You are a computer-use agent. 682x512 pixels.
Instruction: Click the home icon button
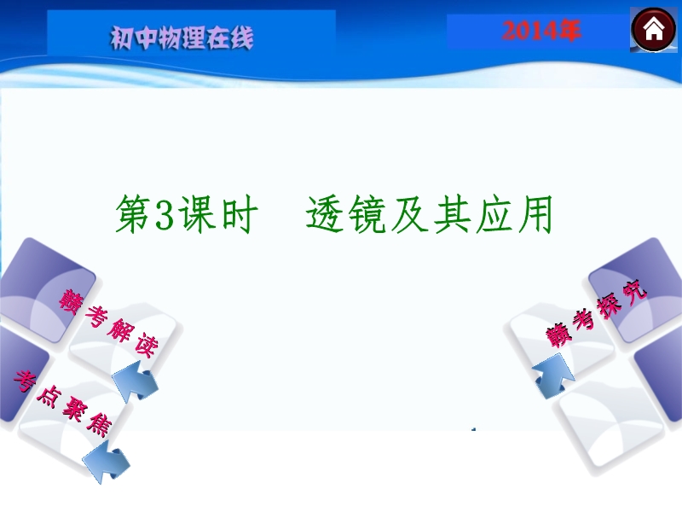[654, 30]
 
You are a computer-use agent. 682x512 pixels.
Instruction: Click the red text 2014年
[541, 32]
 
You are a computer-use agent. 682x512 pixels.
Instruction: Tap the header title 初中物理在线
[182, 38]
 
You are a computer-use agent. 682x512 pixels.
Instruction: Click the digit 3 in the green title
[165, 214]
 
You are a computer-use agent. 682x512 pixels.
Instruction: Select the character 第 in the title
[135, 214]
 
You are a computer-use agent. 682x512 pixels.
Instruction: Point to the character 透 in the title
[325, 214]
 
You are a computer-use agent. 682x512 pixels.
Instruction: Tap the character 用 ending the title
[535, 214]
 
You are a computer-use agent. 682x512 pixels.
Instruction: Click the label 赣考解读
[109, 323]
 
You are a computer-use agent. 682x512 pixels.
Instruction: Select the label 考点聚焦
[61, 403]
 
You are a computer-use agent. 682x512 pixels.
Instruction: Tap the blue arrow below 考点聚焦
[106, 461]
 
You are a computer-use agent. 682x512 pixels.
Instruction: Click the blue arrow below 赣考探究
[553, 375]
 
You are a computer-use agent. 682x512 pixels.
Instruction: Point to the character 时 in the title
[240, 214]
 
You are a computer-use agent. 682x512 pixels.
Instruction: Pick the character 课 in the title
[197, 214]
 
